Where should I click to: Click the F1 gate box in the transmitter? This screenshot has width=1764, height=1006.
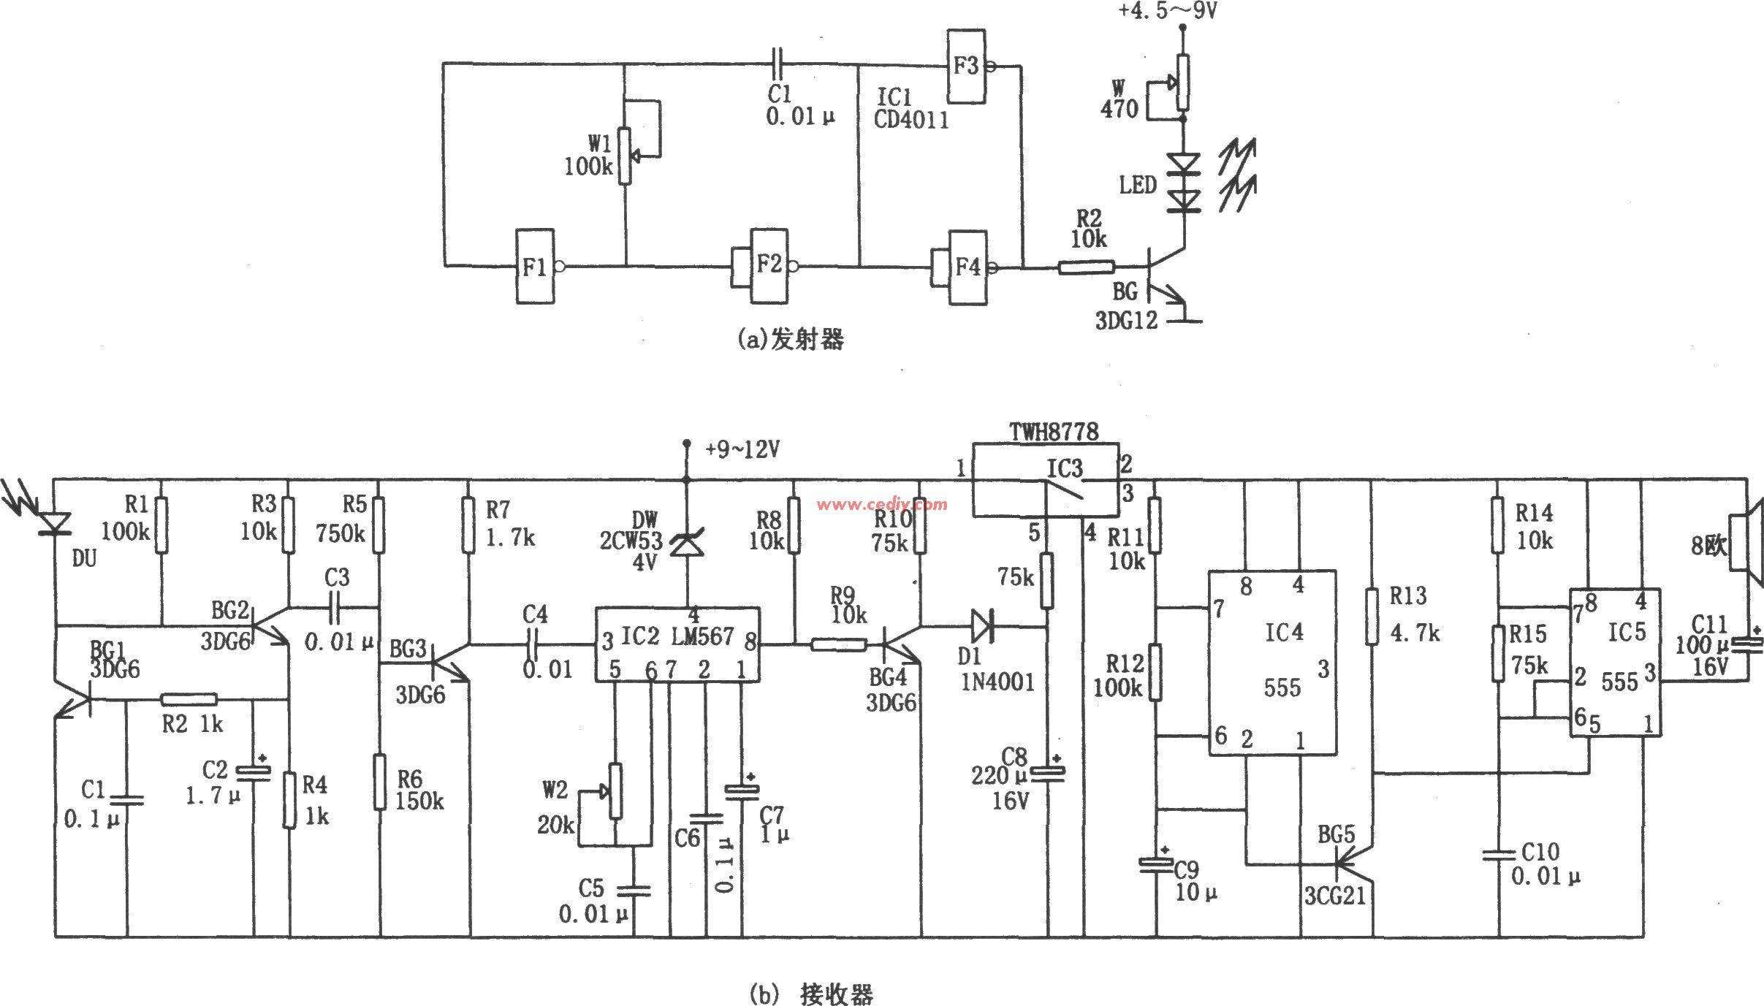536,267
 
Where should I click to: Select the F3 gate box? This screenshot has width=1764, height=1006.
966,66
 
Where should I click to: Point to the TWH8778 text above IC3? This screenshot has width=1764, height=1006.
1054,432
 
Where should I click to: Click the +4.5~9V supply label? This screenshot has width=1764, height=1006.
1167,11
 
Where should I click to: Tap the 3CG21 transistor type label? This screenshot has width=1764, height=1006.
1335,896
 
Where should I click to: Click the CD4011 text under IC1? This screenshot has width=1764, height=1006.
911,120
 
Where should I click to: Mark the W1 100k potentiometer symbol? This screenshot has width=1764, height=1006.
625,156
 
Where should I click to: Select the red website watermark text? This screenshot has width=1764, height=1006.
883,503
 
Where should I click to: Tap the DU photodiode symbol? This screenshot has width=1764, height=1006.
55,523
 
